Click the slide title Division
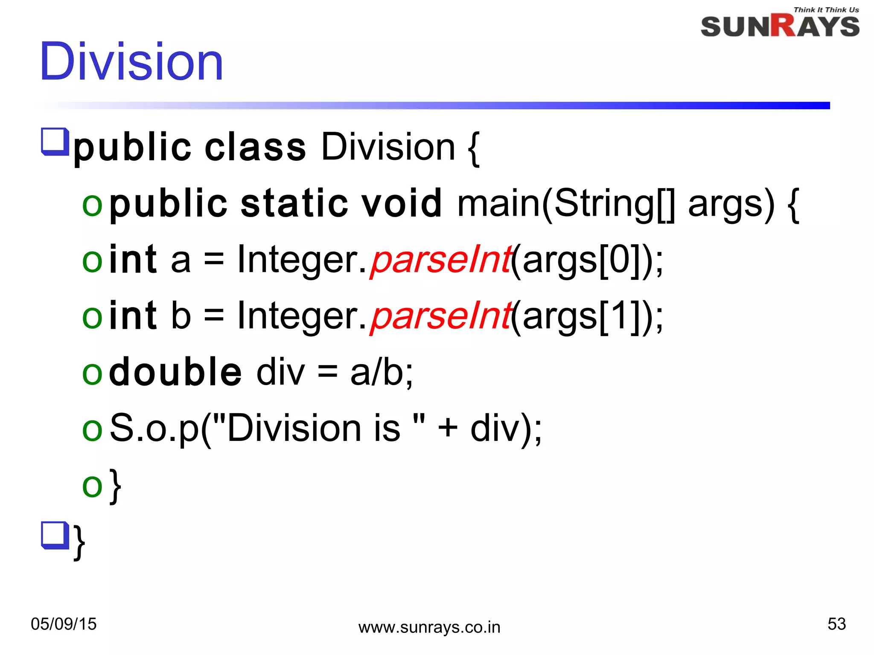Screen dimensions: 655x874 (131, 62)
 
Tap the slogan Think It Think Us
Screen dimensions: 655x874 (826, 10)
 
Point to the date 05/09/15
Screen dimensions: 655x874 (64, 624)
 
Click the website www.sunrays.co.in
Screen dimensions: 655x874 (429, 627)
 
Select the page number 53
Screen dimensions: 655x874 (836, 624)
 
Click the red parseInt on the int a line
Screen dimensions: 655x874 (440, 260)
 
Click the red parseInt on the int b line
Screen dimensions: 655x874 (440, 316)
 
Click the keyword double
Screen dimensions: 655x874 (175, 372)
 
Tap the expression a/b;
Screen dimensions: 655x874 (382, 373)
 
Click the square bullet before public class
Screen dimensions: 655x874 (55, 142)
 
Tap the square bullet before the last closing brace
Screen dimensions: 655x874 (55, 536)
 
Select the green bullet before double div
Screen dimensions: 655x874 (92, 374)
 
